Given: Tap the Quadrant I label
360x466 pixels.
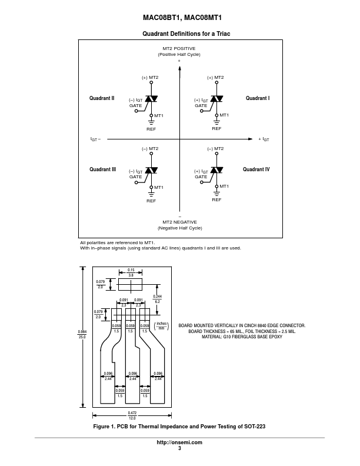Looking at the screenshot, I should click(x=257, y=98).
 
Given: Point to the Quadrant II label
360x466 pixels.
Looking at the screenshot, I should click(x=102, y=98).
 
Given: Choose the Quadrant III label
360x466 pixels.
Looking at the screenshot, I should click(x=102, y=169).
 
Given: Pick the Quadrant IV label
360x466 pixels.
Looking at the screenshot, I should click(x=256, y=169).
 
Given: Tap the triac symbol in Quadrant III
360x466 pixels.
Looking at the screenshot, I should click(x=151, y=171).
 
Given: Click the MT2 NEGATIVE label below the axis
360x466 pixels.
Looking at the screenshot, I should click(x=179, y=224).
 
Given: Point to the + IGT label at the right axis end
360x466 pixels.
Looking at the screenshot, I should click(x=264, y=139).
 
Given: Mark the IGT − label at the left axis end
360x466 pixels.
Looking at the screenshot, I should click(x=95, y=139).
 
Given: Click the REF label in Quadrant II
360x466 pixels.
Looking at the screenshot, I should click(x=151, y=128).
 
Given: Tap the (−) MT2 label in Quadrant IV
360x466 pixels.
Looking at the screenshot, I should click(x=215, y=149).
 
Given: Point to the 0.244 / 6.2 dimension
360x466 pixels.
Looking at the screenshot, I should click(x=158, y=298).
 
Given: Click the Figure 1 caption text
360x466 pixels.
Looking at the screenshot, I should click(x=179, y=426).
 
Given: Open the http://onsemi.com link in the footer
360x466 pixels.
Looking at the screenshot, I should click(x=179, y=442).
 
